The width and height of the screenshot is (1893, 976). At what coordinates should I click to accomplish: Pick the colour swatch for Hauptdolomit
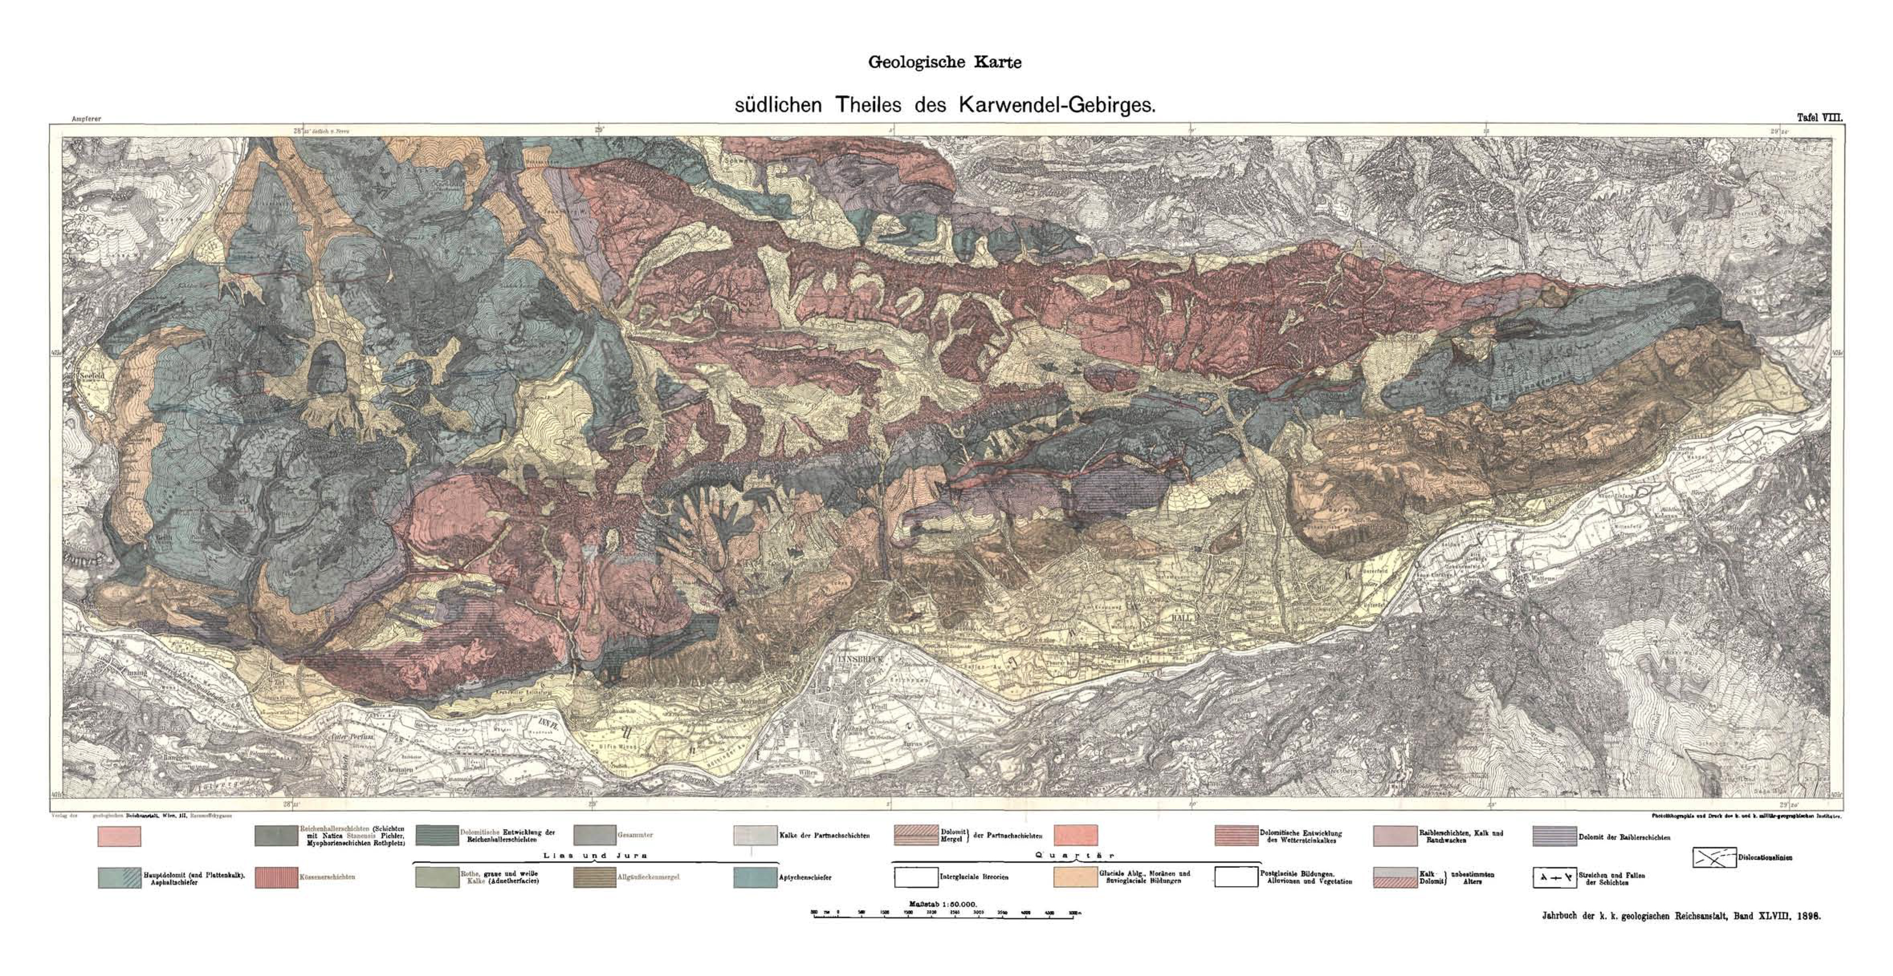click(x=119, y=878)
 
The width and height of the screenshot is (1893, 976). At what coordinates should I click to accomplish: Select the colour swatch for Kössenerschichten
click(x=276, y=878)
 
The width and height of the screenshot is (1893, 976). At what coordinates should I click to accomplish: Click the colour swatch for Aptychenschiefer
click(x=755, y=878)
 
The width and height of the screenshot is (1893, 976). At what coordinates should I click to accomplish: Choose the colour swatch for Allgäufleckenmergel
click(x=595, y=878)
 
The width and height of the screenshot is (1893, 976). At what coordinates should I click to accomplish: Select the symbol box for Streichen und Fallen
click(x=1554, y=878)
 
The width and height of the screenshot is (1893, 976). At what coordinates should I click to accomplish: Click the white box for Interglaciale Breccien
click(x=916, y=878)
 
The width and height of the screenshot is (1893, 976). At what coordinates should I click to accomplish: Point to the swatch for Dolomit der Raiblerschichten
click(x=1554, y=836)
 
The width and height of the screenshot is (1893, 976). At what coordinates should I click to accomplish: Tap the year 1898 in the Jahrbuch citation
click(x=1809, y=917)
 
